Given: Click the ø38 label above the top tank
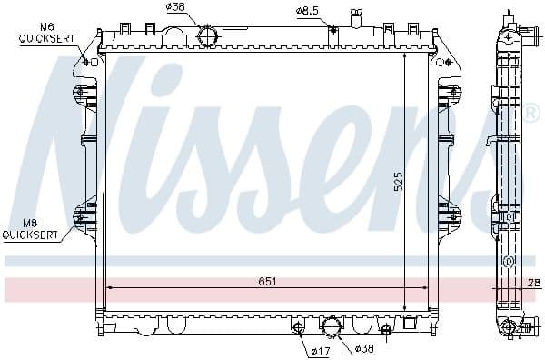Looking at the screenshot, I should pos(176,9).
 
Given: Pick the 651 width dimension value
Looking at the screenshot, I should pos(267,282).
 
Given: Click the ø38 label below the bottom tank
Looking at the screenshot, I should pos(364,349).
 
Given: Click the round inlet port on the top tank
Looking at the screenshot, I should pos(208,37).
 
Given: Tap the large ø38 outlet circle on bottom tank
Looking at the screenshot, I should pos(332,325).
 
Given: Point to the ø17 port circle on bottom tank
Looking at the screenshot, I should pos(297,327).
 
